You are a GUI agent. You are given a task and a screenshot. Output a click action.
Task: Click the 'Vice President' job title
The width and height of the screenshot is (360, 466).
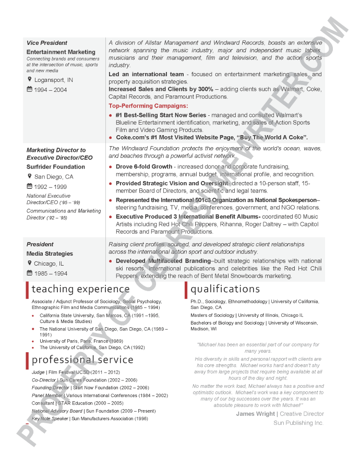tap(47, 43)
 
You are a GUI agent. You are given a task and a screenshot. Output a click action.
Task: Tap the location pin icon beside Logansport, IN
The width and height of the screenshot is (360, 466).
tap(30, 79)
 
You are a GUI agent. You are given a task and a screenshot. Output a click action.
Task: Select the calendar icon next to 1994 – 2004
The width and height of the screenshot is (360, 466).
tap(30, 90)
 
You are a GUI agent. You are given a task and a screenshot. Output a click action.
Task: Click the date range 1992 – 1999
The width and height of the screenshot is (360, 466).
tap(51, 186)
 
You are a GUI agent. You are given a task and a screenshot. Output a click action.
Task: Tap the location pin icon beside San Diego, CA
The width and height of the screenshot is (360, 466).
tap(30, 176)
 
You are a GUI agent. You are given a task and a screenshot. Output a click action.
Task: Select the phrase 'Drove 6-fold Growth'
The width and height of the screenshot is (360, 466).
tap(143, 167)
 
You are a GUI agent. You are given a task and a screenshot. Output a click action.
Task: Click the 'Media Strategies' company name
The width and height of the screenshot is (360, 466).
tap(50, 254)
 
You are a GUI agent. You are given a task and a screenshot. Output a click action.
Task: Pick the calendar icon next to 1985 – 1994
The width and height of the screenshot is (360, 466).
tap(30, 273)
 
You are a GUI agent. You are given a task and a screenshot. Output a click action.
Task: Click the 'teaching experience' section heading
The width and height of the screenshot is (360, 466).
tap(80, 289)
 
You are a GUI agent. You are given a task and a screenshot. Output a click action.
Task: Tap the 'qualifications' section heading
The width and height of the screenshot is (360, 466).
tap(225, 289)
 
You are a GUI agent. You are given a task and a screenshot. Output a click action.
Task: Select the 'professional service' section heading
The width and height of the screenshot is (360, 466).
tap(82, 360)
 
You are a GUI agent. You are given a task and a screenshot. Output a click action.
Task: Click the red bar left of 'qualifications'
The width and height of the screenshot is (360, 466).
tap(186, 290)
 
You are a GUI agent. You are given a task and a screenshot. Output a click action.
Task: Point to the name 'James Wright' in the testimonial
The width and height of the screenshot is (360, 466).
tap(256, 414)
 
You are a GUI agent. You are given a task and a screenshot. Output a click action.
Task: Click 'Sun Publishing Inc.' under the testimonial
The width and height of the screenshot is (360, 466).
tap(298, 423)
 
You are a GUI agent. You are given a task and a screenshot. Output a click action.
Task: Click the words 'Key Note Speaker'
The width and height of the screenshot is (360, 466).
tap(50, 419)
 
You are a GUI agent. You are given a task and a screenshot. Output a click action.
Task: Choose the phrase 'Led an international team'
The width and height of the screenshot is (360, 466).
tap(146, 75)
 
